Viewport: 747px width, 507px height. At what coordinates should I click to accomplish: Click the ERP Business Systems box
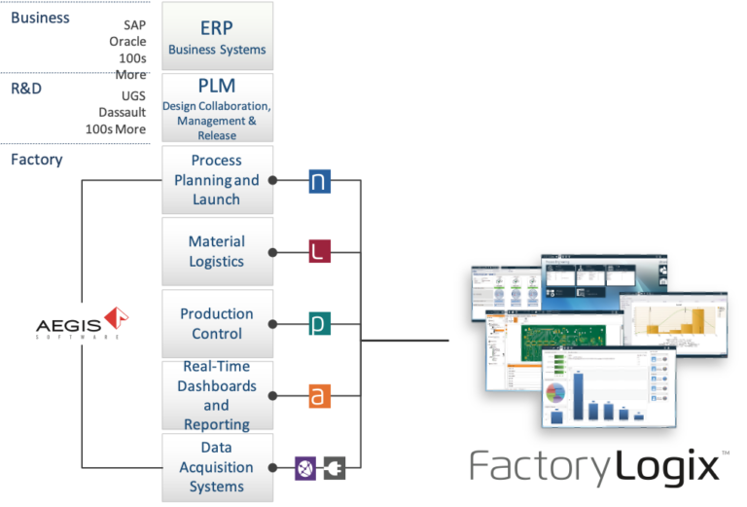click(217, 36)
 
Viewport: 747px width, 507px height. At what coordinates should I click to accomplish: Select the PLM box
click(217, 108)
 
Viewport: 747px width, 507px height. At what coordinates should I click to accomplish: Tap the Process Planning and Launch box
click(217, 180)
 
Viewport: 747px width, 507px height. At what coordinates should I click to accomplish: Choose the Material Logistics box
click(217, 251)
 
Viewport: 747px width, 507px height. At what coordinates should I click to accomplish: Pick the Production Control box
click(217, 323)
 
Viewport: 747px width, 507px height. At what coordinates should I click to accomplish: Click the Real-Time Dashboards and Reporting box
click(217, 395)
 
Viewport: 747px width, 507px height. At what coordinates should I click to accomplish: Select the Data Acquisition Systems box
click(217, 466)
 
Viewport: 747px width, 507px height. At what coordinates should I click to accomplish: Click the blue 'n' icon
click(320, 181)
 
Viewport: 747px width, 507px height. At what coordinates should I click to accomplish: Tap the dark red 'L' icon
click(320, 252)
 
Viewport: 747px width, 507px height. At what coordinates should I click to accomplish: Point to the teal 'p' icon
click(320, 324)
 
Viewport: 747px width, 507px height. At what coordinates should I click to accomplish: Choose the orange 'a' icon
click(320, 396)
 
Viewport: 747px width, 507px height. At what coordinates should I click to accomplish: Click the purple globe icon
click(305, 467)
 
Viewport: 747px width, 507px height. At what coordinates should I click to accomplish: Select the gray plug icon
click(335, 467)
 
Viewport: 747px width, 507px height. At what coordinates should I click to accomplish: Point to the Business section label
click(40, 18)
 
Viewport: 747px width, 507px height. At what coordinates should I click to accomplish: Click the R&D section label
click(24, 89)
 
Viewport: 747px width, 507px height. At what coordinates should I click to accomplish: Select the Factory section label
click(37, 160)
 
